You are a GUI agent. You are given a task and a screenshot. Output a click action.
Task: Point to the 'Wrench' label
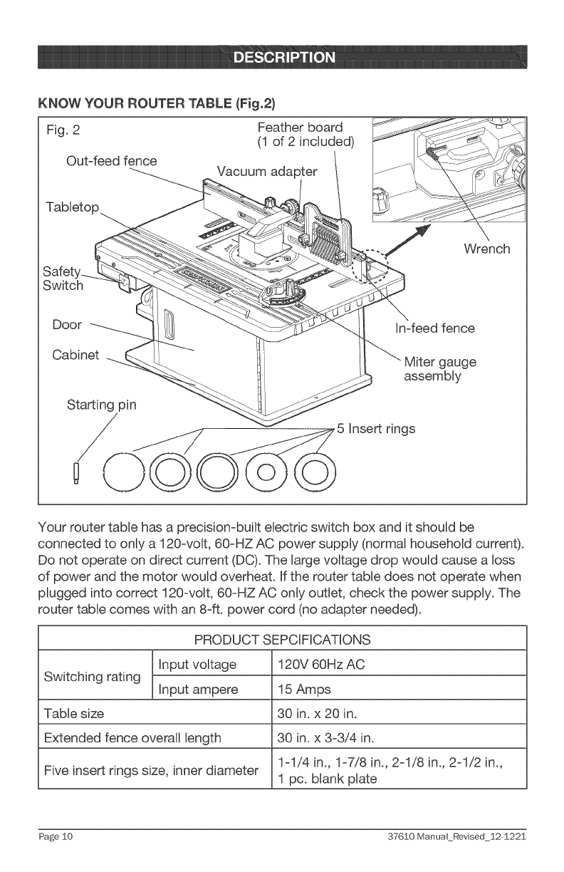[x=486, y=249]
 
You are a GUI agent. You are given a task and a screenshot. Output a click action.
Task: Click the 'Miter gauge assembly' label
[x=439, y=368]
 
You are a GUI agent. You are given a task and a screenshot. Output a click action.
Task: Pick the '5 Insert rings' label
[x=376, y=429]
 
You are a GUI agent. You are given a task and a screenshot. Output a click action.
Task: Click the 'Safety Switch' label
[x=63, y=279]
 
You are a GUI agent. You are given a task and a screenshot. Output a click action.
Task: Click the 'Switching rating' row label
[x=90, y=677]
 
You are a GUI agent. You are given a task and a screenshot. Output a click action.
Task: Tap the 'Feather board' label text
[x=300, y=128]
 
